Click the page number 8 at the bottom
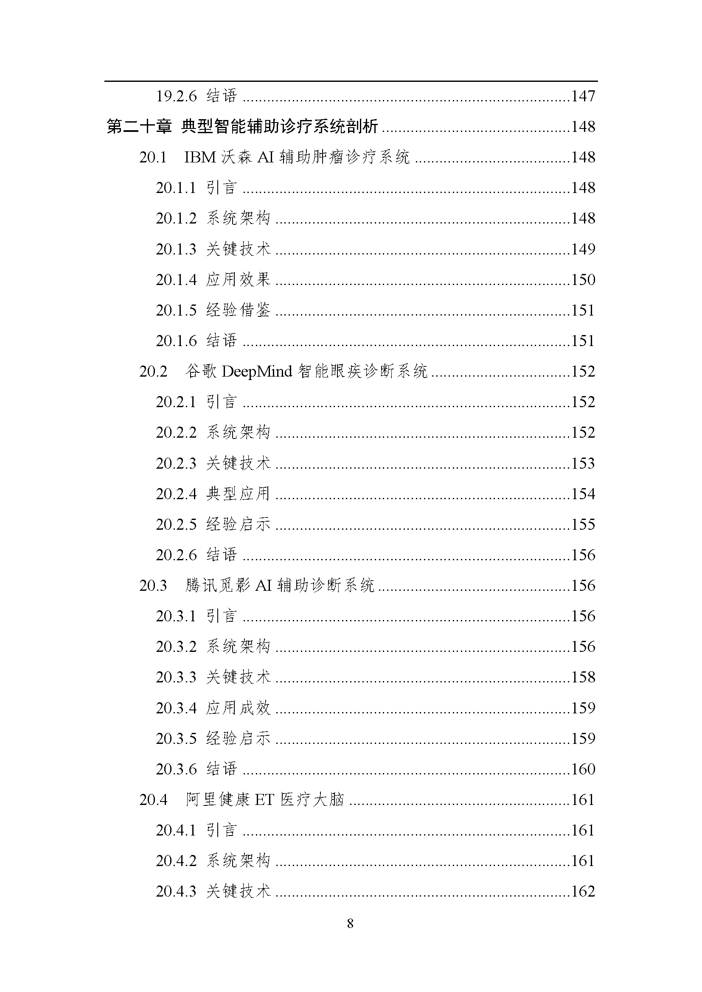click(x=350, y=923)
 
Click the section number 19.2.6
click(x=177, y=96)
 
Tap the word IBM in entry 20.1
click(x=200, y=157)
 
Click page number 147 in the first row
click(x=583, y=96)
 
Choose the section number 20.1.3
click(x=177, y=249)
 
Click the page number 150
click(x=583, y=280)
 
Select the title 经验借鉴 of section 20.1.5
click(x=238, y=310)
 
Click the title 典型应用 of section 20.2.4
click(x=238, y=494)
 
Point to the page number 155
click(x=583, y=525)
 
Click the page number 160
click(x=583, y=769)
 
